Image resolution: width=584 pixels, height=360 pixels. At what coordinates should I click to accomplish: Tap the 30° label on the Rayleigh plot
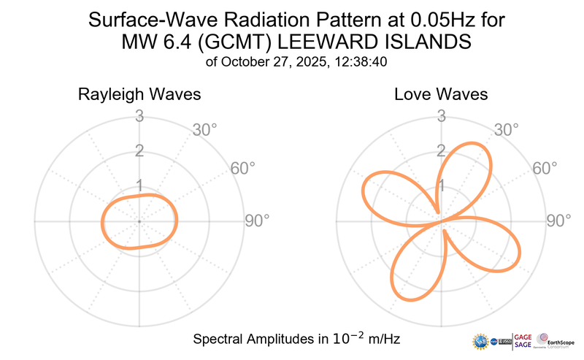tap(204, 131)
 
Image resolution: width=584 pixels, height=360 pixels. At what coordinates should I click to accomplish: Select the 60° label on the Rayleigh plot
tap(243, 169)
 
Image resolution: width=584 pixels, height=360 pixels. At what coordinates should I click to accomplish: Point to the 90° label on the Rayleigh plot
tap(257, 221)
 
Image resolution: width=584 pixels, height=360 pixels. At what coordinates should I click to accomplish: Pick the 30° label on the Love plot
tap(506, 131)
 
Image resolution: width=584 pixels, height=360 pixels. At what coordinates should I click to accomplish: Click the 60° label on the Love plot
tap(545, 169)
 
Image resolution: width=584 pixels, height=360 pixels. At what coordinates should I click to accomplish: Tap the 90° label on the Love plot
tap(558, 221)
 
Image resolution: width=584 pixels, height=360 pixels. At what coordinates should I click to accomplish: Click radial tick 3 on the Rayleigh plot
tap(139, 116)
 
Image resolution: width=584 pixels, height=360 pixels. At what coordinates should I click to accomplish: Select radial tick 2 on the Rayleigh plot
tap(139, 151)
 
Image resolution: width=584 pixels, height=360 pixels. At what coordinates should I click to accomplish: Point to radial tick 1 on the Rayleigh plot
tap(139, 185)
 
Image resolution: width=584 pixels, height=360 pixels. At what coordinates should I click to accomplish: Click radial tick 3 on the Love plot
tap(441, 116)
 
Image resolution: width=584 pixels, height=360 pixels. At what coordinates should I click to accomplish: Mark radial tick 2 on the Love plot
tap(441, 151)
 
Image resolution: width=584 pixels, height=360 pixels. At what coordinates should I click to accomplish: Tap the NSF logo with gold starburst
tap(482, 342)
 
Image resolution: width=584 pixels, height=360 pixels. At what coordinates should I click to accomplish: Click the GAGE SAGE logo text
tap(523, 341)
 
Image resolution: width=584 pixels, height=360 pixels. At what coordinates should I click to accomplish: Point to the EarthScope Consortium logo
tap(558, 341)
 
